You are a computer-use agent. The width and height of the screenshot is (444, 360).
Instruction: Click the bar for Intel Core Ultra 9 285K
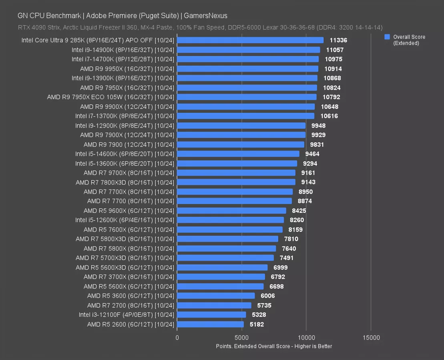(250, 40)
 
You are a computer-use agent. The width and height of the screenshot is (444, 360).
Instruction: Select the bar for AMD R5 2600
(210, 324)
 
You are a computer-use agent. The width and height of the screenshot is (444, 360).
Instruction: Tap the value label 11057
(335, 50)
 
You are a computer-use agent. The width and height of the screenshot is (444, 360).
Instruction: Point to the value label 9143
(308, 182)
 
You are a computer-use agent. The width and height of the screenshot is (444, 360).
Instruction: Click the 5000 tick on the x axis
(241, 338)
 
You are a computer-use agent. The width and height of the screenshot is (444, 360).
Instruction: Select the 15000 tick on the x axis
(371, 338)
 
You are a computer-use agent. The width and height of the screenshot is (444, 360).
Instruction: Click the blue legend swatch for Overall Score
(387, 37)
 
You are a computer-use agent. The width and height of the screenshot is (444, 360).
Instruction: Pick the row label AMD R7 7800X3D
(125, 182)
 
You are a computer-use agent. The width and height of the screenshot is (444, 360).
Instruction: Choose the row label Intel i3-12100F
(127, 315)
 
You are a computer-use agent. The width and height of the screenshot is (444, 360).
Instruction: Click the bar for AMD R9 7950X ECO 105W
(247, 97)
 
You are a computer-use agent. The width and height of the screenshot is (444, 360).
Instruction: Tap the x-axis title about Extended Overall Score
(274, 346)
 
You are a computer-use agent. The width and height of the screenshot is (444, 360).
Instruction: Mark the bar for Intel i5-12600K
(230, 220)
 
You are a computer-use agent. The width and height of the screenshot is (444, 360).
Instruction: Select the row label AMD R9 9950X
(127, 69)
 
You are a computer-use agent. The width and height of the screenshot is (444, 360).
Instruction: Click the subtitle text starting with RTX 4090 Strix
(200, 28)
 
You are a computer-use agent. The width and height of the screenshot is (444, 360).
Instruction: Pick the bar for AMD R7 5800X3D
(227, 239)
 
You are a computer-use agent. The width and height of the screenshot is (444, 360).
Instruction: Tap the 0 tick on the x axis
(177, 338)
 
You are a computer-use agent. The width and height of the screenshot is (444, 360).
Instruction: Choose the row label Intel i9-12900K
(125, 126)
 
